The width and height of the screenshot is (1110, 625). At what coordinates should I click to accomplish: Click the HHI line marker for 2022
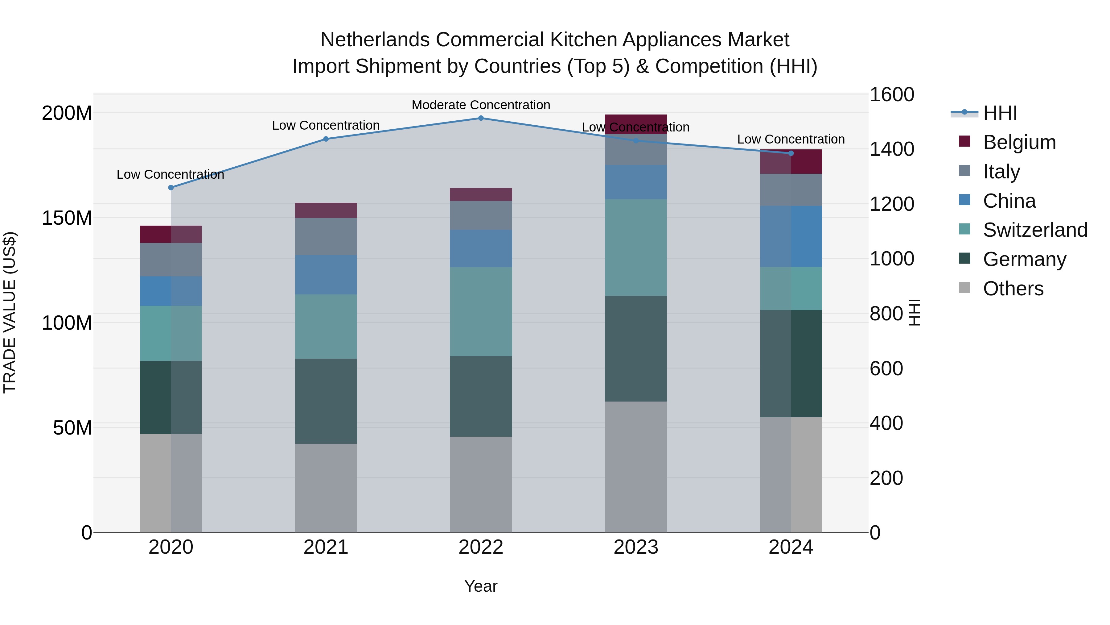tap(481, 118)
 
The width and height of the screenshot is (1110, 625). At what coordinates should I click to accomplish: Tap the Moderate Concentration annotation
tap(481, 105)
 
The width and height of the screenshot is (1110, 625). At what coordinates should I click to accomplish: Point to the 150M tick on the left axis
tap(67, 218)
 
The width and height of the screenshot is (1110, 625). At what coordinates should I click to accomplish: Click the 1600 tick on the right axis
tap(891, 94)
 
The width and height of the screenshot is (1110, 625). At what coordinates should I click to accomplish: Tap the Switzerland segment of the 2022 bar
tap(481, 311)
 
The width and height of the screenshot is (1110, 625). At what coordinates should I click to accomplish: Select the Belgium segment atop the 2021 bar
tap(326, 210)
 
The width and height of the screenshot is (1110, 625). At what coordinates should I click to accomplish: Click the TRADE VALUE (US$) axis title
tap(10, 312)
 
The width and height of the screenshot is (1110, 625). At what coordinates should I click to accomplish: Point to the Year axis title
tap(481, 586)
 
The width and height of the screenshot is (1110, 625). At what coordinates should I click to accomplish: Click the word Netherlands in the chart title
tap(375, 40)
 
